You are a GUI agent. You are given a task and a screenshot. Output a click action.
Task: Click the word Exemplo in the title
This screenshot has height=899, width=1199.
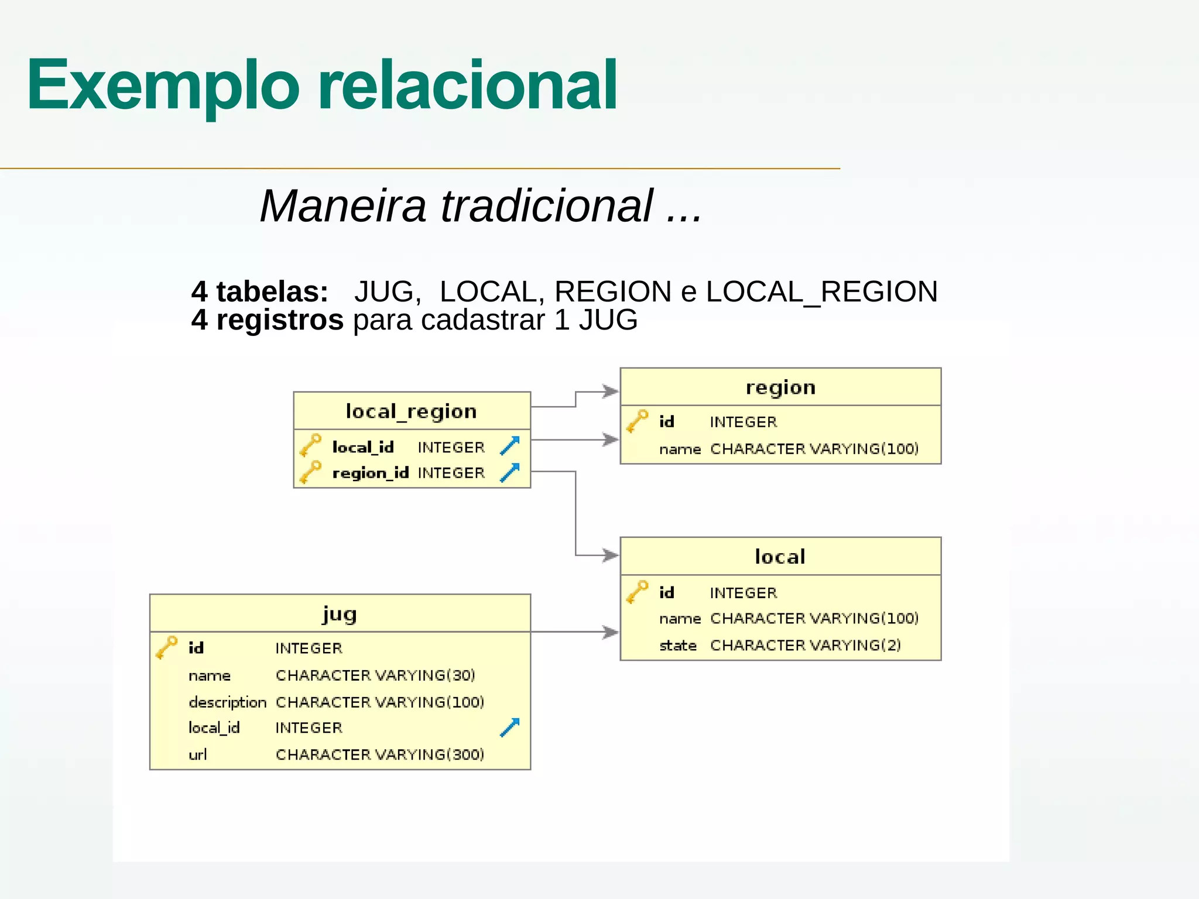tap(163, 86)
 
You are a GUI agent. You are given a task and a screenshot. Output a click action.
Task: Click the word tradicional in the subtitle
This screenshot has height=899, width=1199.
tap(547, 206)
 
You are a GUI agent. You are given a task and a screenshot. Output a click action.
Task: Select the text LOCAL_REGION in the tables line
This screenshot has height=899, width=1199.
tap(821, 291)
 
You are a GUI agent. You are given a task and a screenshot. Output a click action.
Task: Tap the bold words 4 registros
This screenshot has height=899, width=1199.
tap(268, 320)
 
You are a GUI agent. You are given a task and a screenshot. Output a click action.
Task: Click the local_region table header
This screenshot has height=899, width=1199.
tap(412, 411)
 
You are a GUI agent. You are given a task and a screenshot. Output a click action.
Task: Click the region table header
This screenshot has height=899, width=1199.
tap(780, 387)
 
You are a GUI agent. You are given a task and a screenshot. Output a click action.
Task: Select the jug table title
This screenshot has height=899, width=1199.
tap(340, 613)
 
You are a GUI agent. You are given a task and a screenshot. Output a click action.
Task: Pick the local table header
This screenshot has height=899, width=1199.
tap(780, 557)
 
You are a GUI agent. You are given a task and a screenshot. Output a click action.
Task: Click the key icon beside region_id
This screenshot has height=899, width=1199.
tap(310, 472)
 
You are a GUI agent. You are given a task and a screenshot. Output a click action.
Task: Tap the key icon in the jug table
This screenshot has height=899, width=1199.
tap(166, 647)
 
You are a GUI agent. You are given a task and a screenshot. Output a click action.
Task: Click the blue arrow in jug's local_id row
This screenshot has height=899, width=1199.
tap(509, 728)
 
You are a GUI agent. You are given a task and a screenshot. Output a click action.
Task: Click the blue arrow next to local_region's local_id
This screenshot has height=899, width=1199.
tap(509, 446)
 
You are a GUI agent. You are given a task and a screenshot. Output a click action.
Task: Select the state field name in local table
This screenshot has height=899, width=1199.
tap(678, 646)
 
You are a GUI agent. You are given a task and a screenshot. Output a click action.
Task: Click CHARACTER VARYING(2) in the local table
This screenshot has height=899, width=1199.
tap(806, 645)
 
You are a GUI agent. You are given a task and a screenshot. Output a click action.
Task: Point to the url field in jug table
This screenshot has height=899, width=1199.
tap(198, 754)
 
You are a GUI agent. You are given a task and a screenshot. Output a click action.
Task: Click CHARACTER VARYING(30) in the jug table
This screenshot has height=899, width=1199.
tap(375, 675)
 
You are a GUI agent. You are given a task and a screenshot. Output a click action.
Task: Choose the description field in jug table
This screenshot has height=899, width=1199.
tap(227, 702)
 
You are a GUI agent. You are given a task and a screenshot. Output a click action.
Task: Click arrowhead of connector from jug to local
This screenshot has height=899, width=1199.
tap(611, 632)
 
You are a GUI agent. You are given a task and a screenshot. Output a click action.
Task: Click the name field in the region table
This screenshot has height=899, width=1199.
tap(680, 449)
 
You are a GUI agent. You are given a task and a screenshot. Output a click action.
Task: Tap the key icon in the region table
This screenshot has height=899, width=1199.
tap(637, 421)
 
